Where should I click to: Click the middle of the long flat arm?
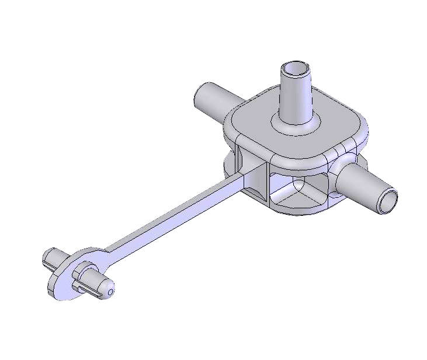pyautogui.click(x=175, y=213)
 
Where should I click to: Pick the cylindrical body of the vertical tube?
pyautogui.click(x=297, y=96)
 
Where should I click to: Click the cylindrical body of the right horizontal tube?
pyautogui.click(x=365, y=187)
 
